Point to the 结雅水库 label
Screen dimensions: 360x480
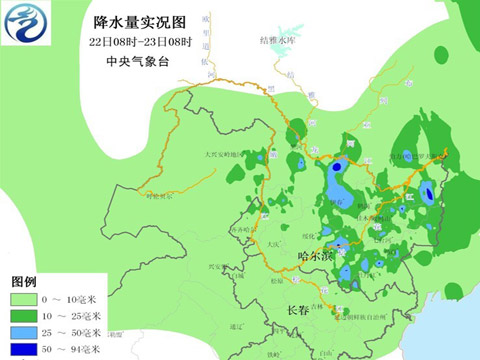[278, 40]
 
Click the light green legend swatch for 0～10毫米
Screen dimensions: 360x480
[23, 299]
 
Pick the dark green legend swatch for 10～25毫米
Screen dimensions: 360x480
[23, 316]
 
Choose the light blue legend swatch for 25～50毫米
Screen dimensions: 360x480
[23, 333]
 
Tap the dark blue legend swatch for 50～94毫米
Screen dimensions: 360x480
[23, 350]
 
